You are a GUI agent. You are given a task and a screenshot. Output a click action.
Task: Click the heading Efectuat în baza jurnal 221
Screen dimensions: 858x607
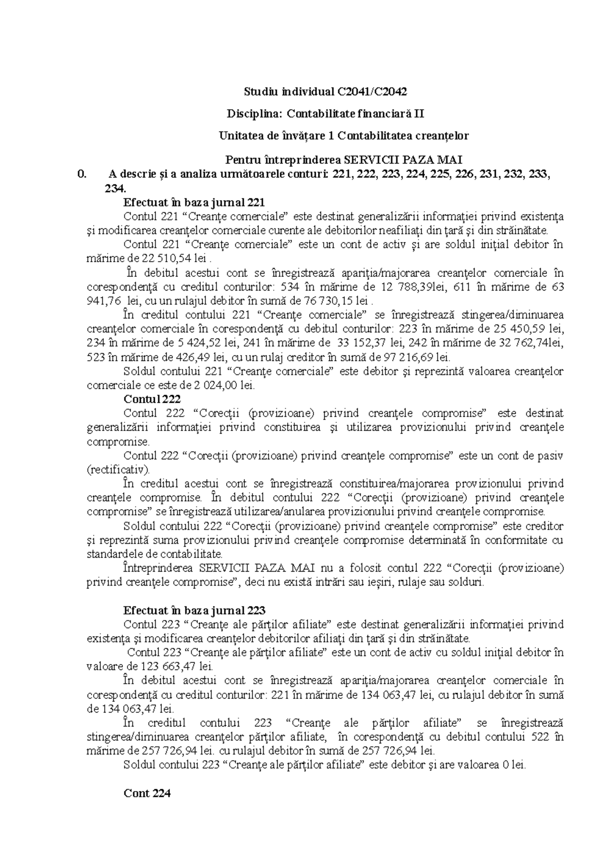click(194, 203)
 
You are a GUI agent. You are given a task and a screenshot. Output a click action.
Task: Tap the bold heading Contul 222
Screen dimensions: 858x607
click(152, 399)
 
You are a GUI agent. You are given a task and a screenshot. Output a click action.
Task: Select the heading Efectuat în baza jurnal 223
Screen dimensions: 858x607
click(194, 610)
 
